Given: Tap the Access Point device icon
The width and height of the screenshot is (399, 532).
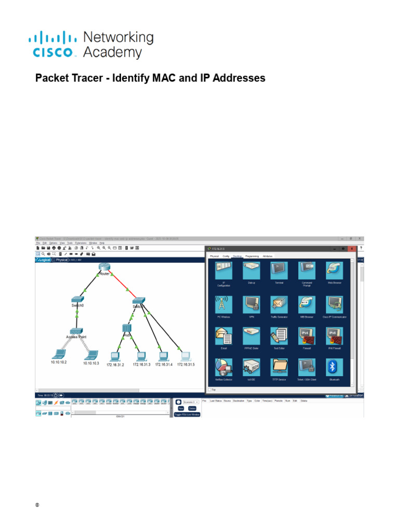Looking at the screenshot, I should click(77, 331).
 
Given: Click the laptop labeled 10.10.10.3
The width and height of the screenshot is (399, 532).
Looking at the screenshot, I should click(91, 355).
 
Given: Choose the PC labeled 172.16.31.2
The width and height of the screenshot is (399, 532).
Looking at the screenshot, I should click(115, 356).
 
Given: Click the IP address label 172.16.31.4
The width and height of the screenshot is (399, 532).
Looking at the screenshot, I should click(163, 365).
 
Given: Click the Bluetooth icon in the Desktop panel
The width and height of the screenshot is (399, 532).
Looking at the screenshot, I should click(334, 367).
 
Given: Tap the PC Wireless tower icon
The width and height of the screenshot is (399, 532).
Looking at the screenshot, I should click(223, 303).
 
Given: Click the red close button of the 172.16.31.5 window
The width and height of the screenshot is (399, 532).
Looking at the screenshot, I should click(352, 249).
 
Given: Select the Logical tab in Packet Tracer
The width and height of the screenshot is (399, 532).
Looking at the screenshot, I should click(44, 259).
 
